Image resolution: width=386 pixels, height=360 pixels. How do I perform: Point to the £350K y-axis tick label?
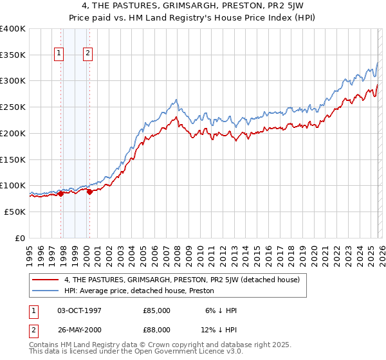13,55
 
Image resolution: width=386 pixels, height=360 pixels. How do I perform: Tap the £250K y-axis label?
13,107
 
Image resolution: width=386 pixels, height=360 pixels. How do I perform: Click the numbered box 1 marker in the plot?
59,53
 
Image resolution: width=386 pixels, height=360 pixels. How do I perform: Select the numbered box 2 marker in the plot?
87,53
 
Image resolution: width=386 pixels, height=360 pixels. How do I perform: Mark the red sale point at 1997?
60,194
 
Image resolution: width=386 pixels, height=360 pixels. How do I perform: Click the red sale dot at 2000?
90,192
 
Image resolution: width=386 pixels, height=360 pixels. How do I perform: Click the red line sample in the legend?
46,280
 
